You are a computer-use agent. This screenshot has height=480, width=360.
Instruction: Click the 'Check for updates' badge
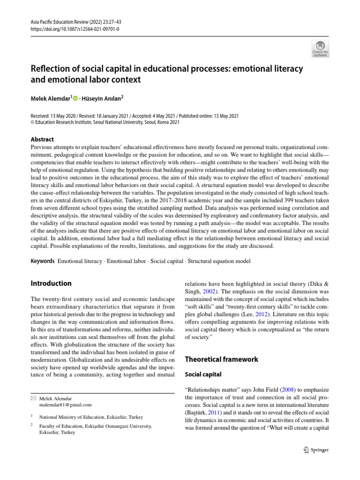coord(320,47)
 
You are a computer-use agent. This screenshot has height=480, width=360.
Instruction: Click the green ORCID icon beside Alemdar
coord(75,98)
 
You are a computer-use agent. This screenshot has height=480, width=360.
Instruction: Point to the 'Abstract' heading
coord(42,139)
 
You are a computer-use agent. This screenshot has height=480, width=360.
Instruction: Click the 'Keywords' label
coord(43,261)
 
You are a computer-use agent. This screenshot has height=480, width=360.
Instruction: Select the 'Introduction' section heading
coord(51,283)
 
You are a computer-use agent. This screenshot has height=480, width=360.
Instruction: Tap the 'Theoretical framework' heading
coord(221,359)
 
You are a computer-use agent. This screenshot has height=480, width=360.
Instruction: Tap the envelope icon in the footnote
coord(33,398)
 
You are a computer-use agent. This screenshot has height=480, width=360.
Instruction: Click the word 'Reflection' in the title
coord(51,69)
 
